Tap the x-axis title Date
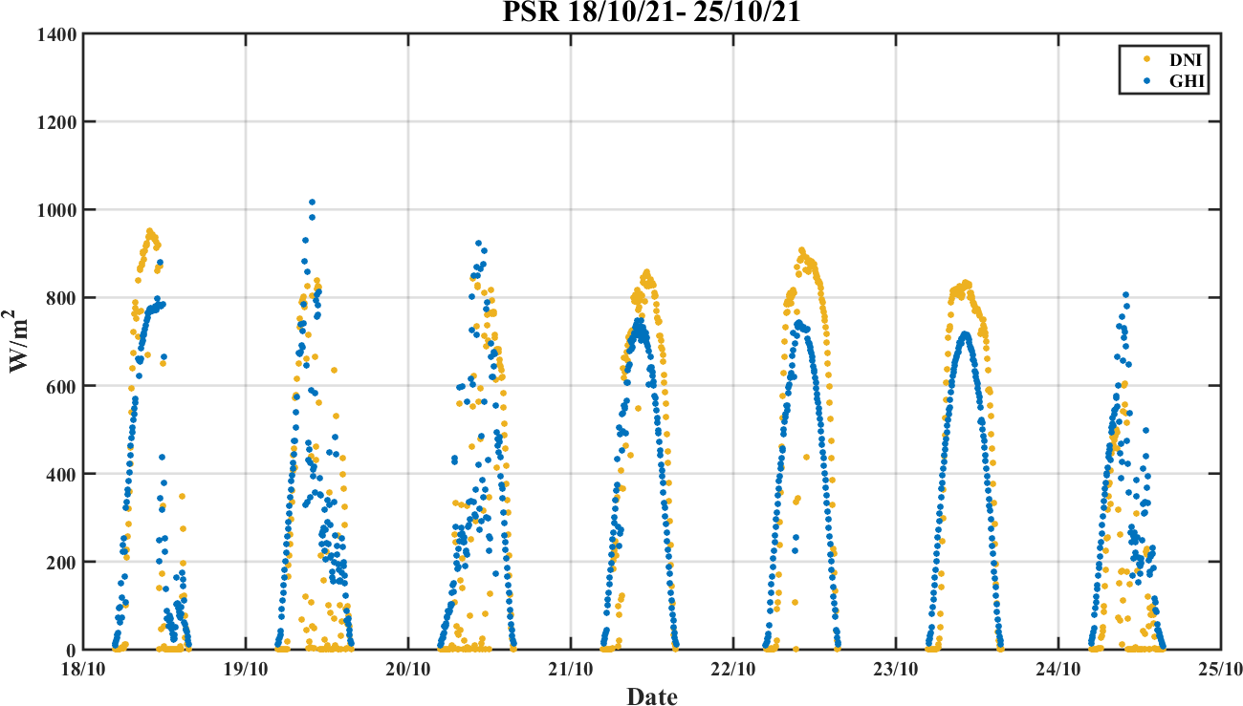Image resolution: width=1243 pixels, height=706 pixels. pos(652,696)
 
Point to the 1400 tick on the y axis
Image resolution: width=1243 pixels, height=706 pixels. pos(57,34)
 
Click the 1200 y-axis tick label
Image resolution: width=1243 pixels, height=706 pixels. pos(57,122)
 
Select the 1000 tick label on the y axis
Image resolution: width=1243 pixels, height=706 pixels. pos(57,210)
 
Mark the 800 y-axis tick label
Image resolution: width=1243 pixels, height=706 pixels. pos(62,298)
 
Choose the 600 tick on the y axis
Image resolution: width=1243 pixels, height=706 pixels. pos(62,386)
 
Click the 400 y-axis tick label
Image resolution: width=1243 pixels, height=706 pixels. pos(62,474)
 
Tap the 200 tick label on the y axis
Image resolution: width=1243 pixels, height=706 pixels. pos(62,562)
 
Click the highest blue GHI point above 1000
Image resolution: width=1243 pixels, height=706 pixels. pos(312,203)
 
